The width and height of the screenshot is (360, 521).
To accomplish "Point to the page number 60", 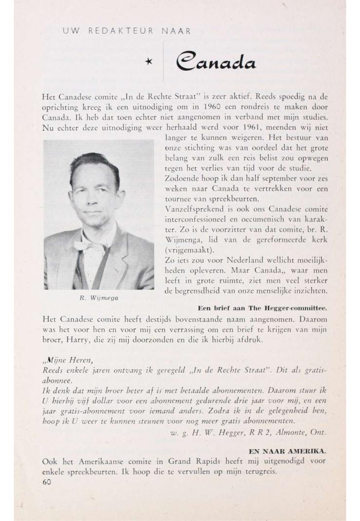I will click(47, 482).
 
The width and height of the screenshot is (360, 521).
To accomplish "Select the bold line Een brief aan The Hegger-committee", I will click(262, 308).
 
